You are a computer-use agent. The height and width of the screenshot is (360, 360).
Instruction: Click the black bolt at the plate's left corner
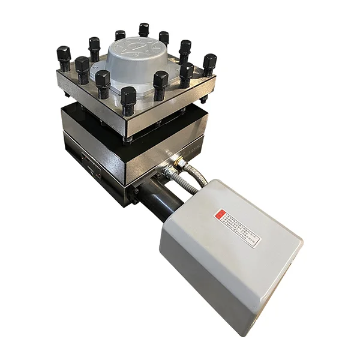[63, 57]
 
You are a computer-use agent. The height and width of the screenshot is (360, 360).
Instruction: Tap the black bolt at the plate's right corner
[209, 64]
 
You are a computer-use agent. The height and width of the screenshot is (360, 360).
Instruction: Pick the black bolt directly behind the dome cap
[144, 29]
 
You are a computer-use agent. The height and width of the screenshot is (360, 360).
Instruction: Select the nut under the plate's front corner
[128, 140]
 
